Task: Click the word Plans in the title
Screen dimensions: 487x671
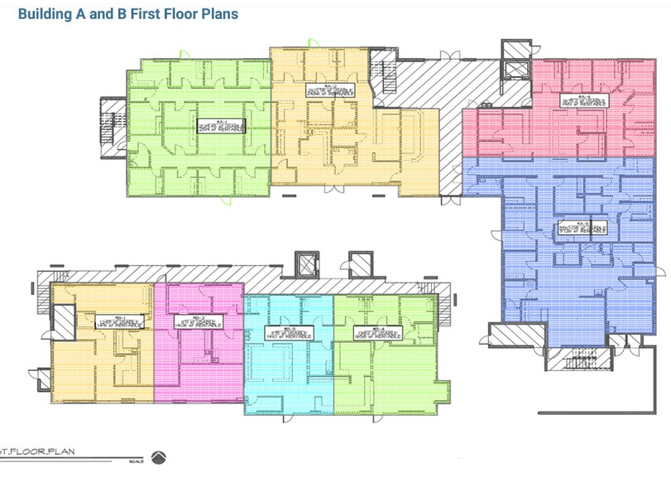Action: (218, 14)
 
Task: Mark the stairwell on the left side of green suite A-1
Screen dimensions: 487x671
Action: (112, 119)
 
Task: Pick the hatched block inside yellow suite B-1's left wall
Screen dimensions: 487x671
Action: (64, 319)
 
